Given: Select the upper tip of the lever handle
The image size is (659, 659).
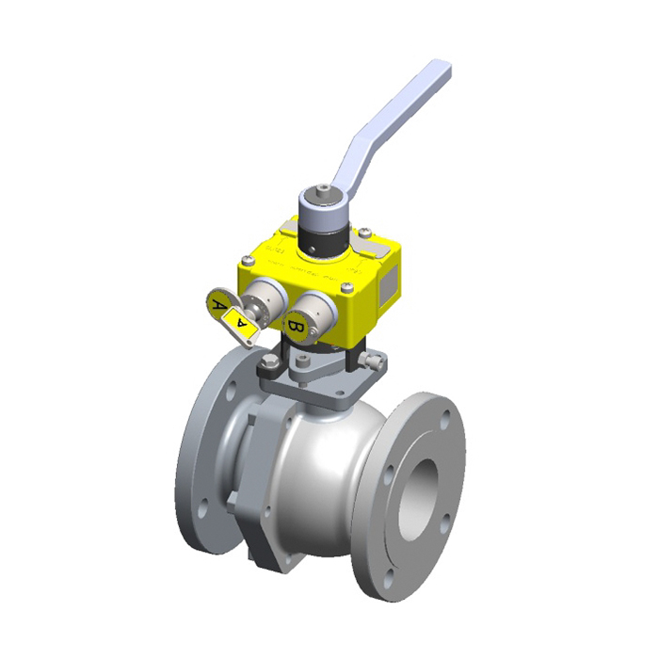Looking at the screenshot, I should (x=440, y=71).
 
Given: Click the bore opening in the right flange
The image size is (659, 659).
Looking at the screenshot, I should (x=418, y=498).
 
